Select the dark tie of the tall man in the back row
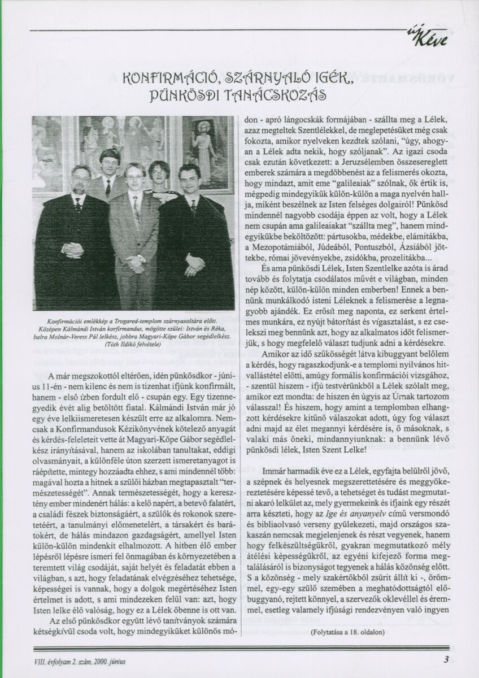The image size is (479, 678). click(108, 188)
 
